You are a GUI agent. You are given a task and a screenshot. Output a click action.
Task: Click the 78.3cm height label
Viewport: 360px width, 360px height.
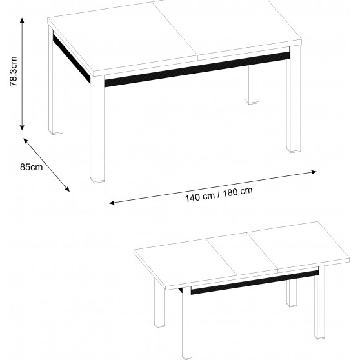tap(14, 71)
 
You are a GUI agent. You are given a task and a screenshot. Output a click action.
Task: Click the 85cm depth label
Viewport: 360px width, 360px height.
tap(31, 167)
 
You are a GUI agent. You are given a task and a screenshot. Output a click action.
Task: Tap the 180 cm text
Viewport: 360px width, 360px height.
tap(238, 192)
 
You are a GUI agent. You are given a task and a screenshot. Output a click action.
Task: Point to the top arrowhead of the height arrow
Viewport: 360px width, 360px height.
tap(22, 20)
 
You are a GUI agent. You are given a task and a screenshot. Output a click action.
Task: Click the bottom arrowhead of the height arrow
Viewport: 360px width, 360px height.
tap(22, 128)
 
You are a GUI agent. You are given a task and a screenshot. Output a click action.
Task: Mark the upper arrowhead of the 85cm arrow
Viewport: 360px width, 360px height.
tap(26, 140)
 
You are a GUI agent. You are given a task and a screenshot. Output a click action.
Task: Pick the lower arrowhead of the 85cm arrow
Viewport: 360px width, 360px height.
tap(67, 189)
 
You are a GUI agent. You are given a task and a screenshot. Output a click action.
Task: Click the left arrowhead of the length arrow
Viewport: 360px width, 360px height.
tap(112, 203)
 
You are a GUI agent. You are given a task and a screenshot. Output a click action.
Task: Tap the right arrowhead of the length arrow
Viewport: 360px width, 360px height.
tap(314, 172)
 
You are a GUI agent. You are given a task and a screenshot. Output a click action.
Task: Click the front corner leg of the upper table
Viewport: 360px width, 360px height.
tap(97, 129)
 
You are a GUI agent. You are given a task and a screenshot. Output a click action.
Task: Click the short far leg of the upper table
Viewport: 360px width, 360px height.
tap(252, 84)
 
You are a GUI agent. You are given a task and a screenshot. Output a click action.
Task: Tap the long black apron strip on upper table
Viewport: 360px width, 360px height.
tap(197, 69)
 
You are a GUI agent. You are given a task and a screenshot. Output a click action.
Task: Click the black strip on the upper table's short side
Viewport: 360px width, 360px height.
tap(72, 58)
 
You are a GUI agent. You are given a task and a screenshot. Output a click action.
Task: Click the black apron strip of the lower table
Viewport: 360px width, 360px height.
tap(255, 283)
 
